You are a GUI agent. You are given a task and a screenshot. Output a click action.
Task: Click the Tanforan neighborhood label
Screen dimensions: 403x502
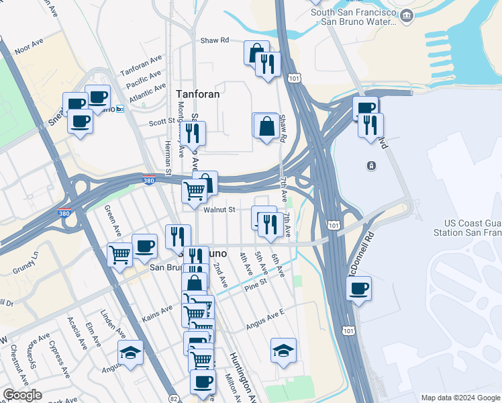click(197, 94)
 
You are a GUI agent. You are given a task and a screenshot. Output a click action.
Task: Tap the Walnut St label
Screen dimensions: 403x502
click(219, 210)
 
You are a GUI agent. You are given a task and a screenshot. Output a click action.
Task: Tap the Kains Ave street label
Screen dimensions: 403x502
click(159, 310)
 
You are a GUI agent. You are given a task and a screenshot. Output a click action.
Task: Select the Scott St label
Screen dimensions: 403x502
click(162, 122)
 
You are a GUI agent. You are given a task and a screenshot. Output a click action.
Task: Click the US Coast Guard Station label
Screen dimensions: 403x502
click(472, 228)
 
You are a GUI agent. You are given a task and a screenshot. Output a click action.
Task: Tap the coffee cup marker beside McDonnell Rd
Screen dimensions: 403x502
click(359, 289)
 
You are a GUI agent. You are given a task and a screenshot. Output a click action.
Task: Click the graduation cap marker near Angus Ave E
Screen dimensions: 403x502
click(283, 350)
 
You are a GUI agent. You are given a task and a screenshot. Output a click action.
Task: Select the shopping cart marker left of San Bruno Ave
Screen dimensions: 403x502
click(120, 255)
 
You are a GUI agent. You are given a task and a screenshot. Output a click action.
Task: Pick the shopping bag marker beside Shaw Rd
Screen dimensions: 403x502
click(266, 125)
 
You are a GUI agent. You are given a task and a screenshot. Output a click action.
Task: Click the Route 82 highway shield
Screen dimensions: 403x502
click(174, 389)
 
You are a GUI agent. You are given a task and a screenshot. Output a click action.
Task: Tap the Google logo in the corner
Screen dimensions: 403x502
click(22, 395)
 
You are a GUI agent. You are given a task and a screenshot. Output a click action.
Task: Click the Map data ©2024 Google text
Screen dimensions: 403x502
click(459, 398)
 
